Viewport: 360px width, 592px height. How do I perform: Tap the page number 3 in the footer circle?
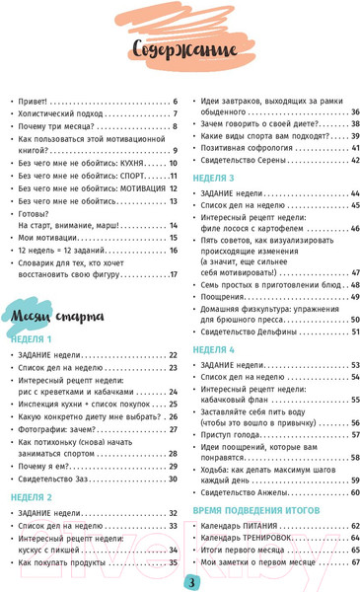tap(192, 578)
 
